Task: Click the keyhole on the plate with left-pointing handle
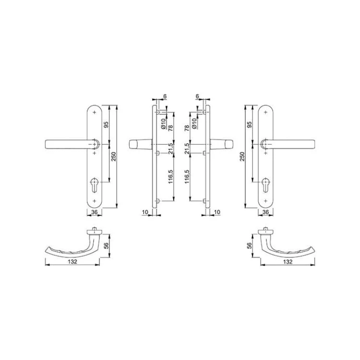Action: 95,185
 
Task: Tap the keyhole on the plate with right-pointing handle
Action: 265,185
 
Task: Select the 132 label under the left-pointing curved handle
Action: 72,262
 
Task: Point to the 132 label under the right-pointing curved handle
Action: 288,262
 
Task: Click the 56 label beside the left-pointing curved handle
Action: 106,246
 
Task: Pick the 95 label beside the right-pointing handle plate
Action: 249,124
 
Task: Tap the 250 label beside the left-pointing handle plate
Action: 114,156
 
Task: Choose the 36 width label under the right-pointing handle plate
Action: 265,212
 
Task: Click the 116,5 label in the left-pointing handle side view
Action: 170,177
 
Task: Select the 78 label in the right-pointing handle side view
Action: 187,128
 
